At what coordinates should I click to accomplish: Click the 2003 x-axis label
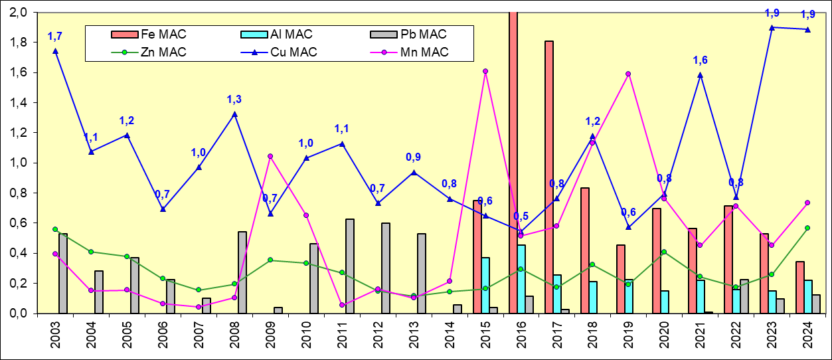point(56,339)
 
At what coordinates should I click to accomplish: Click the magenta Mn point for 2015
point(485,71)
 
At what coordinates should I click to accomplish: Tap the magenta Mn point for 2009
point(270,156)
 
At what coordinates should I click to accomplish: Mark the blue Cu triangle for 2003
point(55,50)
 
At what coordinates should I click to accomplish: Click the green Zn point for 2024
point(807,228)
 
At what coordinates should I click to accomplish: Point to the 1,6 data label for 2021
point(700,60)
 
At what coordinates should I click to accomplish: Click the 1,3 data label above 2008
point(234,100)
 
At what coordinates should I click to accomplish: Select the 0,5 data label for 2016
point(521,216)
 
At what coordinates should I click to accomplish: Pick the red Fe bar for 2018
point(585,250)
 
